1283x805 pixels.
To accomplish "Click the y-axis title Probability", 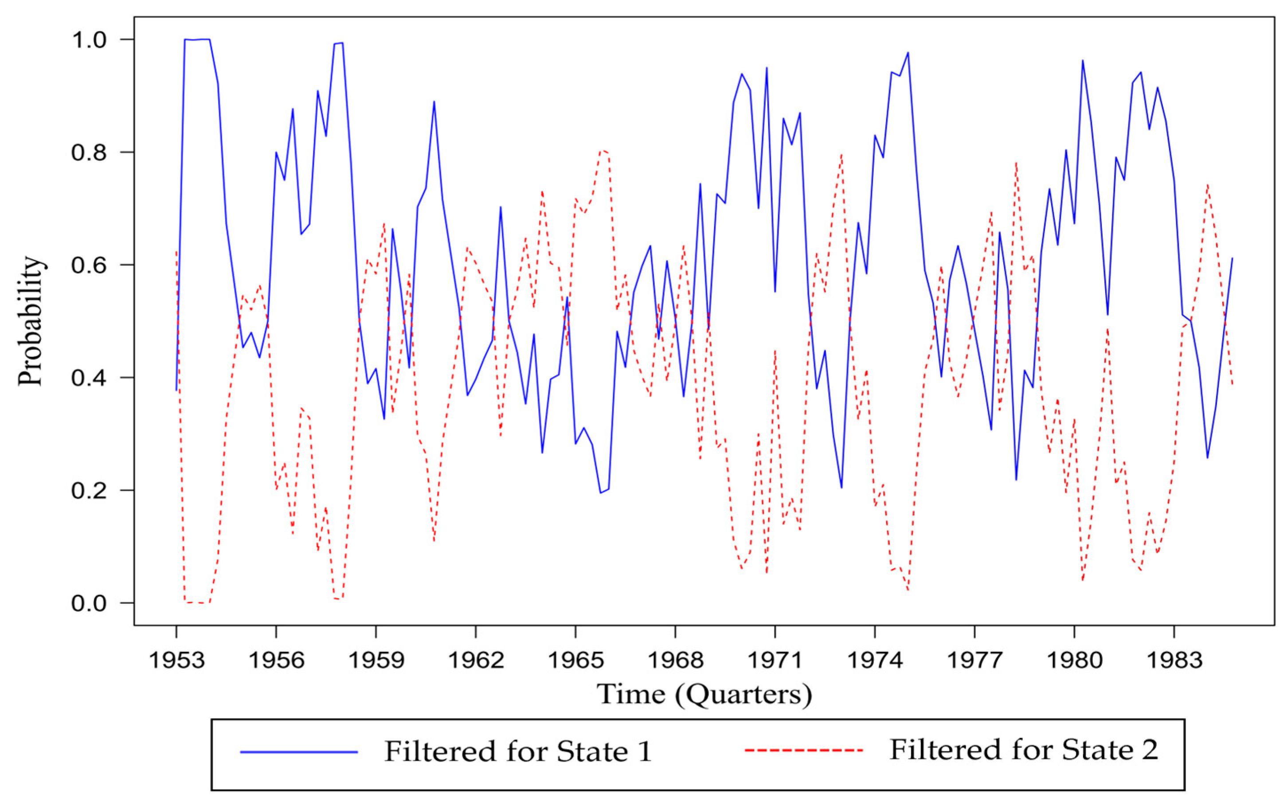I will point(30,321).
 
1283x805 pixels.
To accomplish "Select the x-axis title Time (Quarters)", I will point(704,694).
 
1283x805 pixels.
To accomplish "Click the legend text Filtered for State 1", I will point(517,752).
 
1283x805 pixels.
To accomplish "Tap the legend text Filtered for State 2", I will point(1023,750).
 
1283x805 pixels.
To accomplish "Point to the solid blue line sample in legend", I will point(299,752).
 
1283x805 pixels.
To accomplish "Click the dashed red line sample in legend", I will point(803,750).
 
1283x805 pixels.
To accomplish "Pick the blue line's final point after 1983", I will point(1232,258).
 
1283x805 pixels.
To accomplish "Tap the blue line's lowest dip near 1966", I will point(601,492).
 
